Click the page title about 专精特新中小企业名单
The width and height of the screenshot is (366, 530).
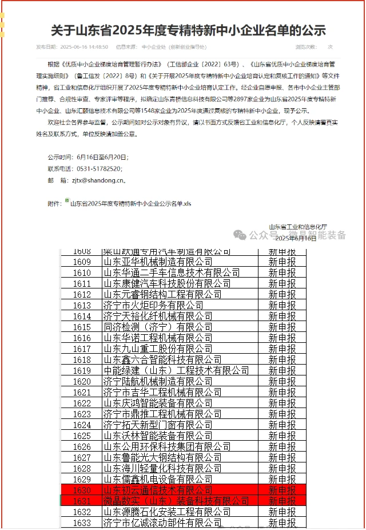point(188,30)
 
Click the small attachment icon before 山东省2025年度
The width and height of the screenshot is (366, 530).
point(67,201)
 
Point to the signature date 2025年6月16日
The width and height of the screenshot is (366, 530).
point(296,238)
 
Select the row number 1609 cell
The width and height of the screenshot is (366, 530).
point(82,262)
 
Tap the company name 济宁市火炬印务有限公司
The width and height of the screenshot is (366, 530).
point(153,305)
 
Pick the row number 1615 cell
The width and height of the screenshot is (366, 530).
point(82,327)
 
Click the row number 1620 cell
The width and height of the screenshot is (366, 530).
point(82,381)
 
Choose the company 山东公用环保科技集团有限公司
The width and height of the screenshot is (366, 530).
point(166,446)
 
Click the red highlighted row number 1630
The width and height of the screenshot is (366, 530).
point(82,490)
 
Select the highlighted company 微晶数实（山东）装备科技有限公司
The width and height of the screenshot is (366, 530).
point(176,501)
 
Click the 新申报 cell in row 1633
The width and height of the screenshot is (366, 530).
point(283,523)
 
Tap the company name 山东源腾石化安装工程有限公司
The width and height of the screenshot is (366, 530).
point(166,512)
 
